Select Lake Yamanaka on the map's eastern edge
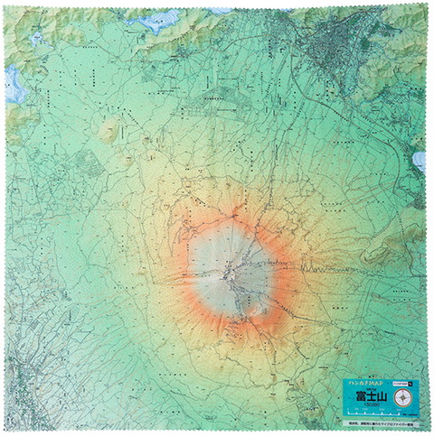click(419, 161)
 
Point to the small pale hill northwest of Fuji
click(110, 130)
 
